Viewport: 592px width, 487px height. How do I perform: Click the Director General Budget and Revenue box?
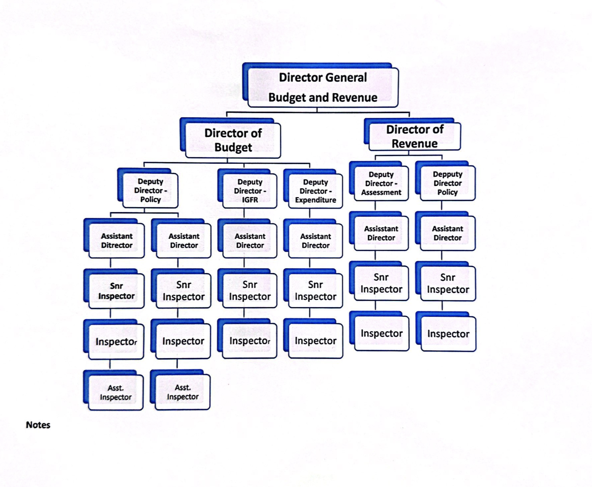[x=323, y=87]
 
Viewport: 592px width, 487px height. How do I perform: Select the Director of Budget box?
[x=233, y=140]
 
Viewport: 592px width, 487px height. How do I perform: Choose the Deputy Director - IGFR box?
[x=250, y=191]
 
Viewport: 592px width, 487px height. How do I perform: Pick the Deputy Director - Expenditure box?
[x=315, y=191]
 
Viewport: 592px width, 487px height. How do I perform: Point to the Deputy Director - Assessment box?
[x=381, y=183]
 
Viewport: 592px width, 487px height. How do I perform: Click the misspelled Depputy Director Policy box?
[x=447, y=183]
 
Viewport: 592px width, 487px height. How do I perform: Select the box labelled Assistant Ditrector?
[x=117, y=240]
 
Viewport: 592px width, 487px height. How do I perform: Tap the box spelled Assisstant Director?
[x=381, y=233]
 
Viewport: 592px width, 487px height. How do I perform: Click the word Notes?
[x=38, y=425]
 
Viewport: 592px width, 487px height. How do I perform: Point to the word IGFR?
[x=250, y=200]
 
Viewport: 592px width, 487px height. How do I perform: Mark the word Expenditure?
[x=316, y=200]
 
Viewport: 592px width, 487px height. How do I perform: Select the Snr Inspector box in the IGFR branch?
[x=250, y=290]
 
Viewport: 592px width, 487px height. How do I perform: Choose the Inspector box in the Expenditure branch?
[x=316, y=341]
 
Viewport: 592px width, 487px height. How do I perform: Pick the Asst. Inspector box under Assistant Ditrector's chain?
[x=116, y=393]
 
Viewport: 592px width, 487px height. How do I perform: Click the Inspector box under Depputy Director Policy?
[x=448, y=334]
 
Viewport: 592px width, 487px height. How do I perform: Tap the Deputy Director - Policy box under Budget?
[x=150, y=190]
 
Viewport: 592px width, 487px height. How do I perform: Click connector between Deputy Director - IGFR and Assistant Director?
[x=244, y=214]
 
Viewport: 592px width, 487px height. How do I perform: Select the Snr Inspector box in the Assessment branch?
[x=381, y=283]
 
